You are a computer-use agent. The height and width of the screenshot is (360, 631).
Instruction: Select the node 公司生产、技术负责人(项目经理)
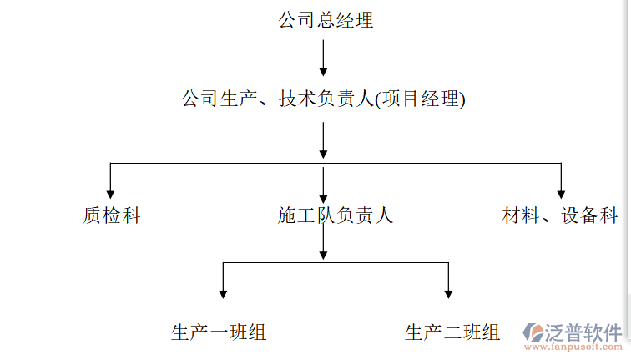click(322, 99)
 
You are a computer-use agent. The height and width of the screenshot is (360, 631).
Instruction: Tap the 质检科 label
click(112, 215)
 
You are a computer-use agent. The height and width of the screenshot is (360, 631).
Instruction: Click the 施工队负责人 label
click(335, 215)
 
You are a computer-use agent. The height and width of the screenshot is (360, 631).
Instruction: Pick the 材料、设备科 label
click(560, 215)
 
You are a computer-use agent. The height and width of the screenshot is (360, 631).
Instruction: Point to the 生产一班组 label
click(219, 332)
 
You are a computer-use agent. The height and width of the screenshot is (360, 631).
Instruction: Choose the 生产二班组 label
click(452, 332)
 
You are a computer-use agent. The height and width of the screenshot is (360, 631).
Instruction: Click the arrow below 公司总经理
click(323, 58)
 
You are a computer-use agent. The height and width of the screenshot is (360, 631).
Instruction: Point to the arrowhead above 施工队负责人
click(323, 193)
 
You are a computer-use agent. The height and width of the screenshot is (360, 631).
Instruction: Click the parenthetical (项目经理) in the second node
click(419, 99)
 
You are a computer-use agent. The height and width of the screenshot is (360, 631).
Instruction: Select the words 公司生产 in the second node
click(210, 99)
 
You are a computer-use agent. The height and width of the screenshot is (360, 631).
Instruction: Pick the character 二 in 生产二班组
click(452, 332)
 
